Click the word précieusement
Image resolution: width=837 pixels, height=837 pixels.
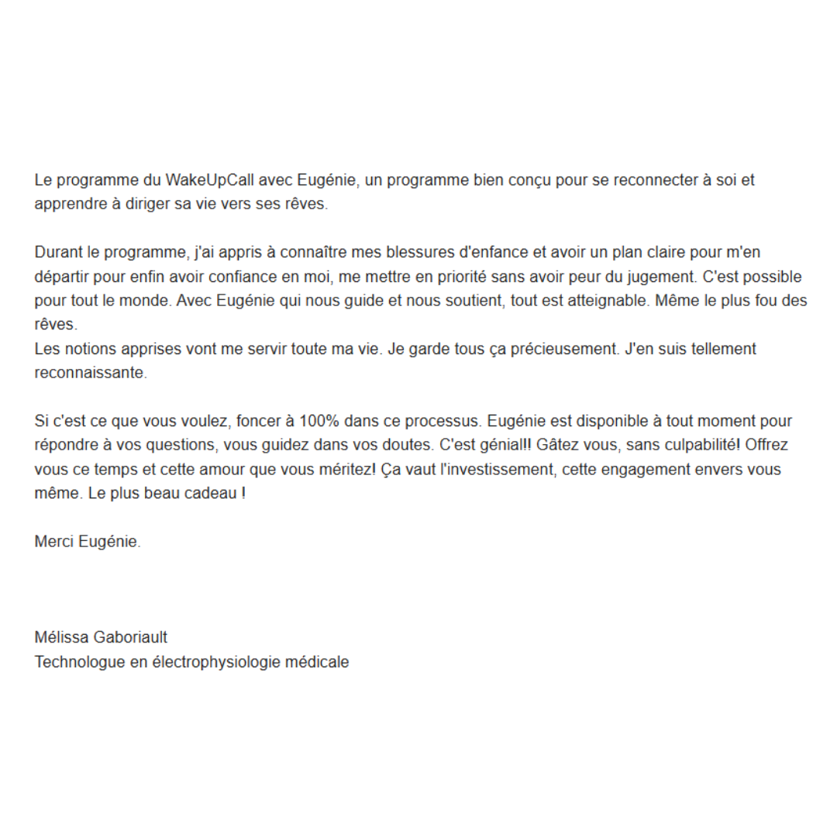point(553,349)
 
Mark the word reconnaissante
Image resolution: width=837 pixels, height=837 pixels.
point(90,373)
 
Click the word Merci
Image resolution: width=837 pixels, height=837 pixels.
point(54,542)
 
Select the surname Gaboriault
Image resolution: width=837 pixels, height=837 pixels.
point(129,638)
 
